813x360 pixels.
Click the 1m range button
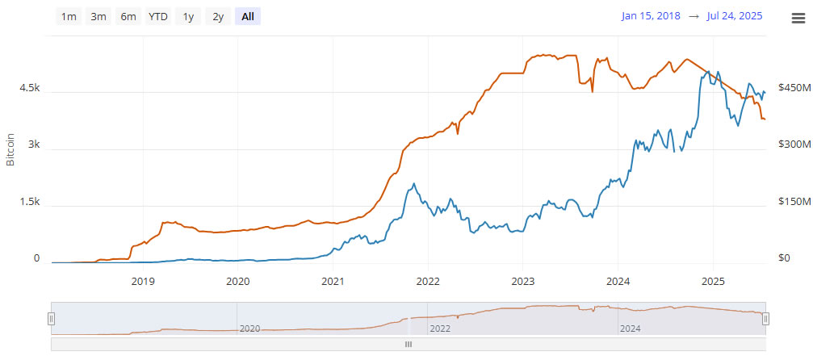pyautogui.click(x=69, y=16)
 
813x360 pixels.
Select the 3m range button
pyautogui.click(x=98, y=16)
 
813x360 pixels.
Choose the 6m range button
pyautogui.click(x=128, y=16)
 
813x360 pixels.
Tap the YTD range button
pyautogui.click(x=157, y=16)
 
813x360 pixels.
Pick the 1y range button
pyautogui.click(x=188, y=16)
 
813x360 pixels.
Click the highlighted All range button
pyautogui.click(x=248, y=16)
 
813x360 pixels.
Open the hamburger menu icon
pyautogui.click(x=798, y=19)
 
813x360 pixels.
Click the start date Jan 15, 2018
pyautogui.click(x=651, y=16)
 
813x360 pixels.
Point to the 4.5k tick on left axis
pyautogui.click(x=29, y=88)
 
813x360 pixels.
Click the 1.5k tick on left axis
pyautogui.click(x=29, y=202)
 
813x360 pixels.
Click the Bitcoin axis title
pyautogui.click(x=11, y=150)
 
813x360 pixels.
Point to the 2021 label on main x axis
pyautogui.click(x=333, y=282)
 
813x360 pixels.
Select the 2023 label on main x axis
pyautogui.click(x=522, y=282)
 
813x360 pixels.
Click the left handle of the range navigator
pyautogui.click(x=51, y=319)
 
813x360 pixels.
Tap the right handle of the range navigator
pyautogui.click(x=765, y=319)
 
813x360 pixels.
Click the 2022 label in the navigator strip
pyautogui.click(x=440, y=329)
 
